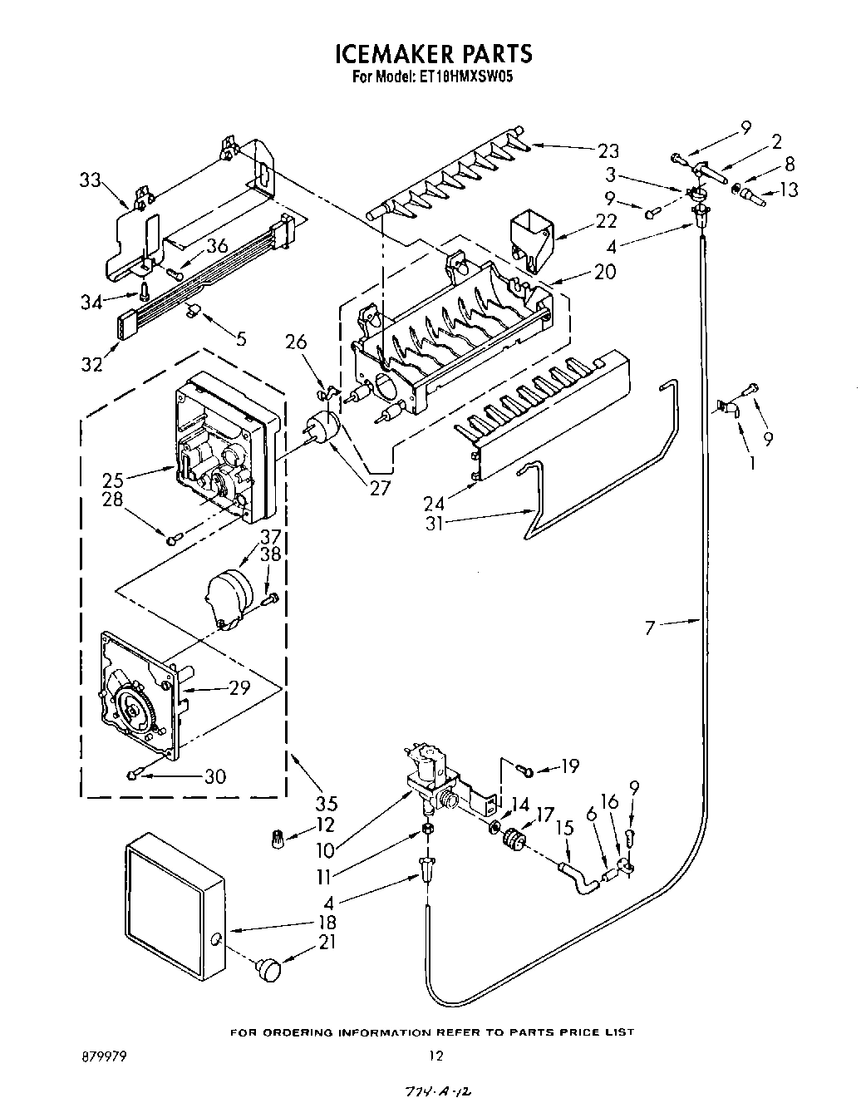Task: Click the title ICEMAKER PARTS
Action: coord(432,54)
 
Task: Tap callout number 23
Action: coord(608,150)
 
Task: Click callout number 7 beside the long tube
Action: coord(651,628)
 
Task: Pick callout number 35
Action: coord(327,804)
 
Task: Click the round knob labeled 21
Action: coord(269,967)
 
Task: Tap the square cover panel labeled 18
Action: coord(175,907)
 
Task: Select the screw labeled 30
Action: coord(134,775)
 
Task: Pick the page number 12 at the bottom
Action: coord(435,1056)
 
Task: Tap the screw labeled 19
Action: coord(525,769)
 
